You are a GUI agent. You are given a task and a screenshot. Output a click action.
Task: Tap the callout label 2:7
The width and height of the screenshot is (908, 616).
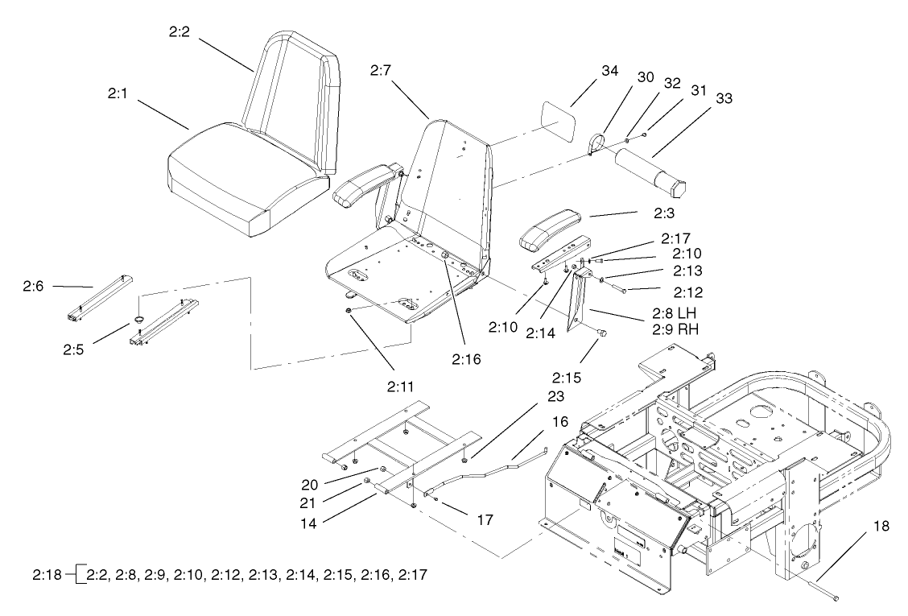point(381,71)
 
